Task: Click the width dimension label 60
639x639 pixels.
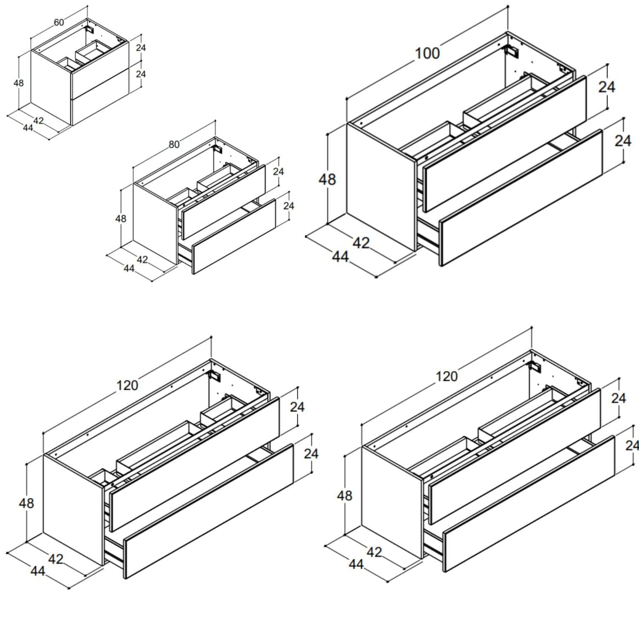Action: click(59, 22)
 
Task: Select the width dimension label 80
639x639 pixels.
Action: click(174, 144)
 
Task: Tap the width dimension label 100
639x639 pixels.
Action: click(427, 53)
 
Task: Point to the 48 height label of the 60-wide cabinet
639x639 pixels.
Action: click(18, 83)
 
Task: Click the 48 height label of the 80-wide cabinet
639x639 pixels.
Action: click(121, 219)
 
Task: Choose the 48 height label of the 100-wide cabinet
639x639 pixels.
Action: click(327, 179)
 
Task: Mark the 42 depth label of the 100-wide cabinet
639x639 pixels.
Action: click(361, 243)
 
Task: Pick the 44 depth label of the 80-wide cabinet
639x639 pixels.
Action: click(129, 268)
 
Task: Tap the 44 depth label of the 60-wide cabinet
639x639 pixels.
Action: click(28, 128)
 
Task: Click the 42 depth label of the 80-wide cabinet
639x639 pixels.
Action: click(142, 259)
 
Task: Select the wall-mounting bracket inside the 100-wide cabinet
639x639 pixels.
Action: click(512, 51)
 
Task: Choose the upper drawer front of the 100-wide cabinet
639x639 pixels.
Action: click(505, 144)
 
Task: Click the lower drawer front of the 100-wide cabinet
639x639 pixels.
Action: click(521, 198)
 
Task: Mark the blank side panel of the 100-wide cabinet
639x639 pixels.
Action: click(381, 187)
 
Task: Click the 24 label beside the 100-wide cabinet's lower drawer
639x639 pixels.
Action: click(623, 141)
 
